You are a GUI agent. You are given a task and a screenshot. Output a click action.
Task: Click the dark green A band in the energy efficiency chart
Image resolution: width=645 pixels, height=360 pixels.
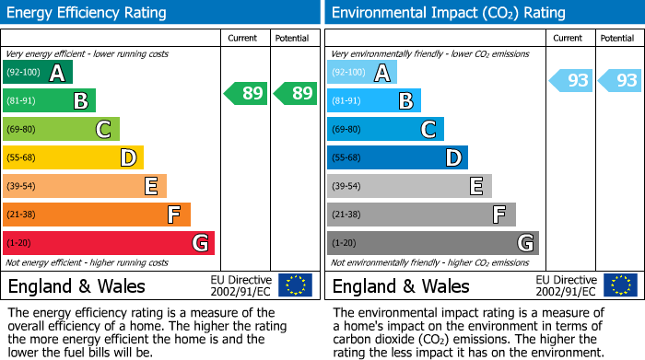click(x=37, y=73)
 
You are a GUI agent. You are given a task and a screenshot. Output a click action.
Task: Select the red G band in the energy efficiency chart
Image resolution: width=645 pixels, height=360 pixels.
click(x=109, y=243)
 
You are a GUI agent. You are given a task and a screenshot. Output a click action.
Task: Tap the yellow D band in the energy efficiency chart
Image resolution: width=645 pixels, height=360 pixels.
click(x=73, y=157)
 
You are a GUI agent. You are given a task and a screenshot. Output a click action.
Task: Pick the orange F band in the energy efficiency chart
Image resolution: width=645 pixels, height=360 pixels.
click(x=97, y=215)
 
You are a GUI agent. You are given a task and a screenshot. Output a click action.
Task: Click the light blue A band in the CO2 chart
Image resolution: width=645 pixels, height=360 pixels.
click(x=362, y=73)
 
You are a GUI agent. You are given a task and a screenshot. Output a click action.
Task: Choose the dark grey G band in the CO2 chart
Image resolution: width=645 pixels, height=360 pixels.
click(x=432, y=243)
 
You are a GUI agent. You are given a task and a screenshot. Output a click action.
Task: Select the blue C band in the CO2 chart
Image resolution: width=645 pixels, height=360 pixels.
click(x=385, y=129)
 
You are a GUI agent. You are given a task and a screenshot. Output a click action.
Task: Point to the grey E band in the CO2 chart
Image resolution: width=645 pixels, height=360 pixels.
click(x=409, y=186)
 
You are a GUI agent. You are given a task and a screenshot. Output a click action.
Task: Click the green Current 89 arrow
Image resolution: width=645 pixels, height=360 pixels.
click(x=246, y=93)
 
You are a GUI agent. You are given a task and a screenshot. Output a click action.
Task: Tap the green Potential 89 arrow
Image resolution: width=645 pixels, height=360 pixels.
click(x=294, y=93)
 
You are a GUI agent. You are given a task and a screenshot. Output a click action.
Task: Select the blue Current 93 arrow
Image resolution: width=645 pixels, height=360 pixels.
click(x=571, y=81)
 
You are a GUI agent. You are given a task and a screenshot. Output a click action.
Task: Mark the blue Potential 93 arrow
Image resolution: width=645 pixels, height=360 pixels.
click(x=620, y=81)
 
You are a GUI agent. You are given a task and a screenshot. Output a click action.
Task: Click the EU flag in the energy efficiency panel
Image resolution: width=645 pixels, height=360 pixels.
click(x=295, y=285)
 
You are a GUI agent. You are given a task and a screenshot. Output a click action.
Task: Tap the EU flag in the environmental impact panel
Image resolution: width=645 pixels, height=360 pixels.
click(x=619, y=285)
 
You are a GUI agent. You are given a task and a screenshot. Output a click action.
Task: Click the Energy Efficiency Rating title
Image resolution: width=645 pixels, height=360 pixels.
click(x=88, y=13)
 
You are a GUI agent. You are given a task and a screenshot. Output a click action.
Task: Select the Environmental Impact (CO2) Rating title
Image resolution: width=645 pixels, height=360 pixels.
click(x=448, y=13)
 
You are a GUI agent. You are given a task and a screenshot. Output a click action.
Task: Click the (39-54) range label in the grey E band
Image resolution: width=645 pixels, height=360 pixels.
click(x=346, y=186)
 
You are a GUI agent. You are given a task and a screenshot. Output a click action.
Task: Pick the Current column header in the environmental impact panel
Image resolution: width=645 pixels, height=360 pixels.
click(x=569, y=38)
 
